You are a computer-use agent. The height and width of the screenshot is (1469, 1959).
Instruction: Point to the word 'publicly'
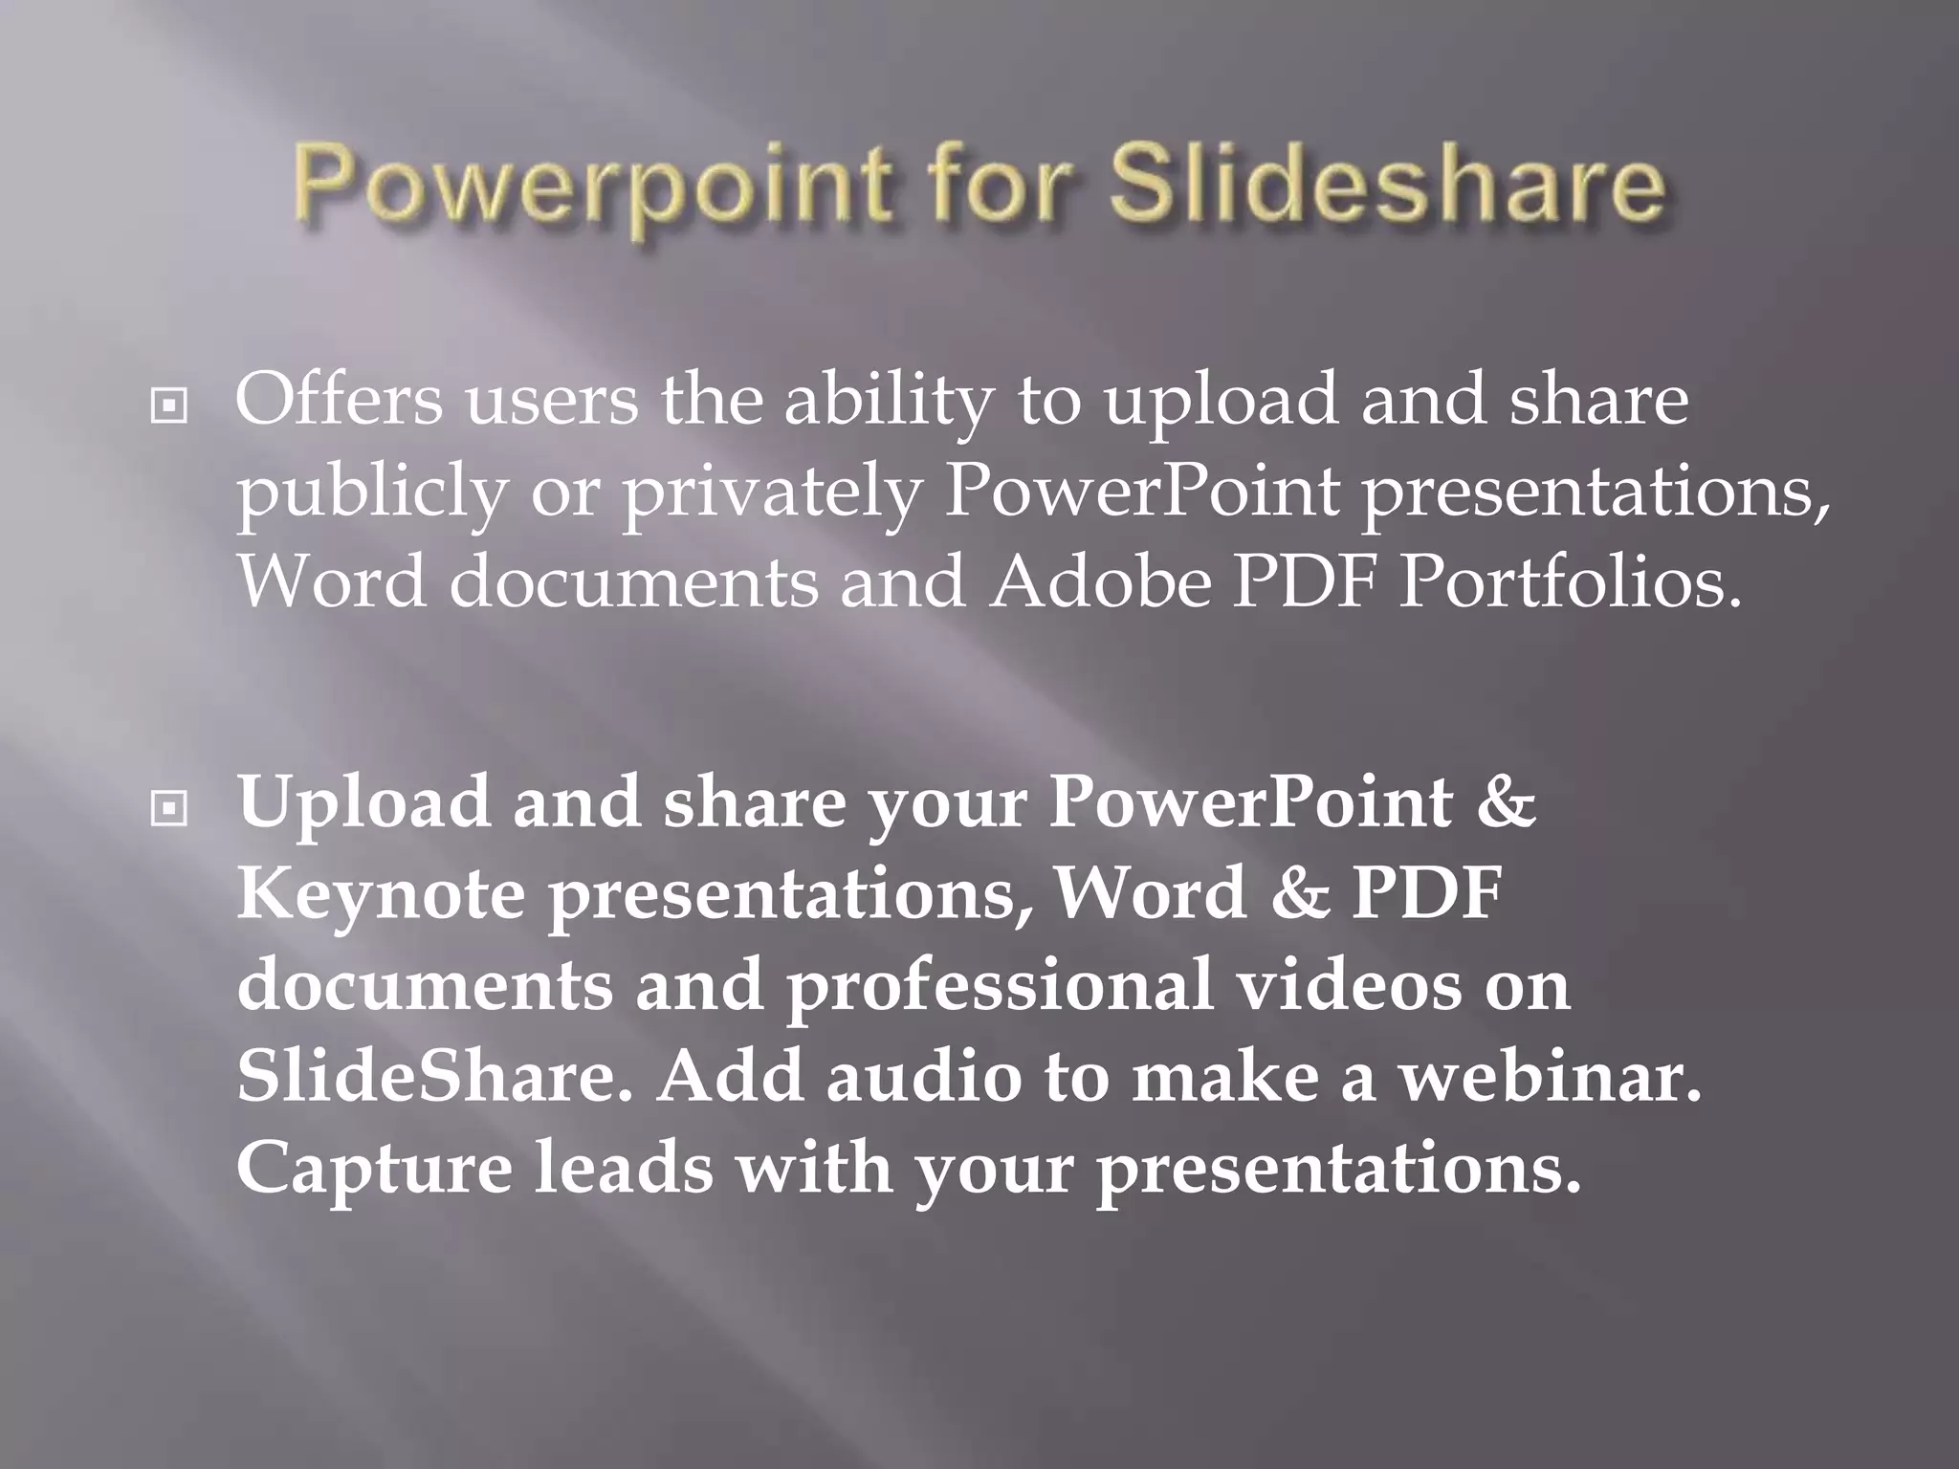tap(371, 494)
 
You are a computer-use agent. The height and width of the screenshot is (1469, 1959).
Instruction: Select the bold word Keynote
tap(381, 894)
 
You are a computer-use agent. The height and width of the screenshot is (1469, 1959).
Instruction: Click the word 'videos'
tap(1349, 984)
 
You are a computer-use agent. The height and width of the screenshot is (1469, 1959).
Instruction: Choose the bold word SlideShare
tap(434, 1076)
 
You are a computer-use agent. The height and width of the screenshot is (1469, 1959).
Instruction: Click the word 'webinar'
tap(1550, 1076)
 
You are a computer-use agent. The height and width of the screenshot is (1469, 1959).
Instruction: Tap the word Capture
tap(374, 1169)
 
